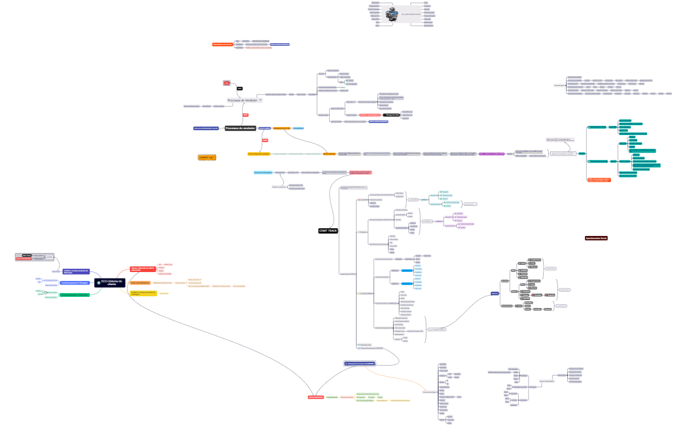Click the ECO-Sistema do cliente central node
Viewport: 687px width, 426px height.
tap(109, 283)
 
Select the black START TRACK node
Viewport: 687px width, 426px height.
tap(328, 231)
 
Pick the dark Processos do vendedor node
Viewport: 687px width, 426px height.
tap(240, 128)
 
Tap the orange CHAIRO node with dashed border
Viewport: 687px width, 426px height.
tap(207, 157)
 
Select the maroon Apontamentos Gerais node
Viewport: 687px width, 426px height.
tap(596, 238)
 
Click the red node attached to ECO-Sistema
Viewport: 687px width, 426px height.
tap(143, 269)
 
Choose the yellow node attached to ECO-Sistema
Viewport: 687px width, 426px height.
tap(143, 293)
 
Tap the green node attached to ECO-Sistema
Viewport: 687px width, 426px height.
tap(75, 295)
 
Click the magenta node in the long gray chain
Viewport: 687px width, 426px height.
tap(491, 154)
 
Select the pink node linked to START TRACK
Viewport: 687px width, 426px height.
tap(360, 173)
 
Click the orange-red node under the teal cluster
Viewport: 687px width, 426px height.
tap(599, 179)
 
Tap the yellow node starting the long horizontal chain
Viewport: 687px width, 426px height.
tap(258, 154)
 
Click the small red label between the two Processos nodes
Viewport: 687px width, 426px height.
tap(245, 115)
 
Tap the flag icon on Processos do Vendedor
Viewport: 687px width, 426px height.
tap(260, 100)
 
